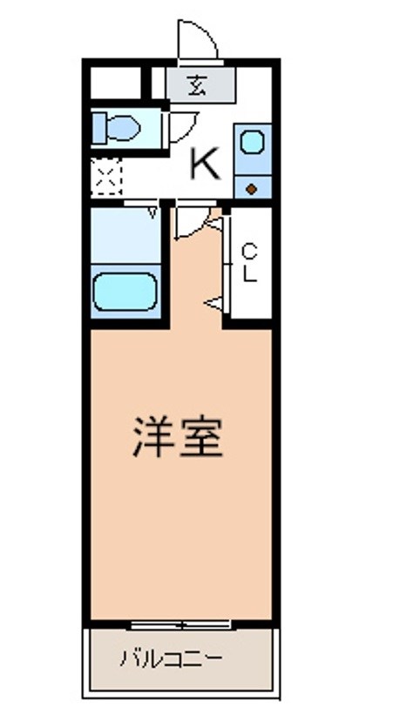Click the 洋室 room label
178,437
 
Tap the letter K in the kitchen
206,163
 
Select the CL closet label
249,263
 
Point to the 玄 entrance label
200,86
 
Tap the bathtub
125,291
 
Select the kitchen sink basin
252,141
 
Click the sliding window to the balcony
181,624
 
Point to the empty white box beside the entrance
115,84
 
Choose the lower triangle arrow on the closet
212,302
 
